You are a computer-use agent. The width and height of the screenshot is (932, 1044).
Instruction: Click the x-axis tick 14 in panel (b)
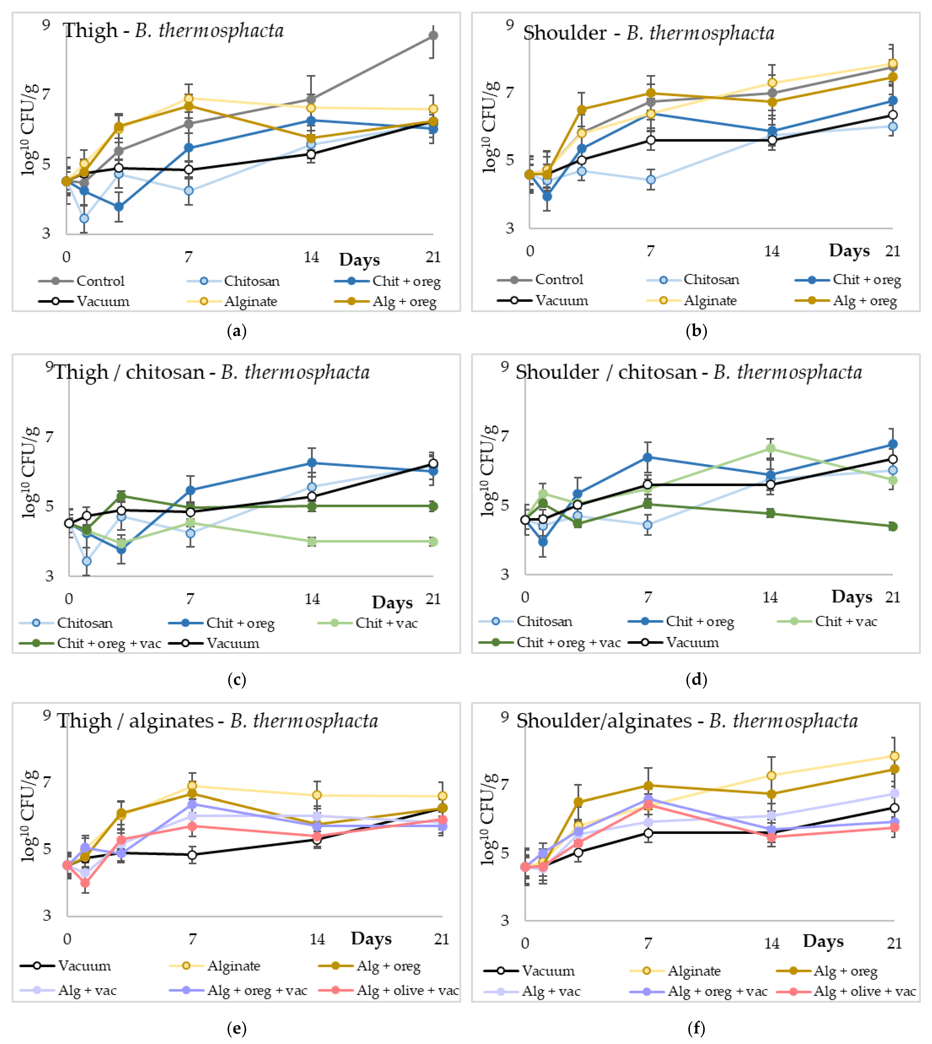[772, 251]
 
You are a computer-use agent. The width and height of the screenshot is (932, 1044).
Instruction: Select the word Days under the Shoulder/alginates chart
[823, 941]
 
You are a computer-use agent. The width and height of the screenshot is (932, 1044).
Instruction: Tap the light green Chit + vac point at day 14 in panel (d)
[770, 448]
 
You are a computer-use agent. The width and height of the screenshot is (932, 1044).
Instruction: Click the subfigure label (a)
[237, 331]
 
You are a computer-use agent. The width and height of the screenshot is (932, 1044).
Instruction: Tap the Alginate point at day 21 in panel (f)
[894, 756]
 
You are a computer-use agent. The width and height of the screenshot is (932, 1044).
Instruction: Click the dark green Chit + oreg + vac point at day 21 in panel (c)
[433, 506]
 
